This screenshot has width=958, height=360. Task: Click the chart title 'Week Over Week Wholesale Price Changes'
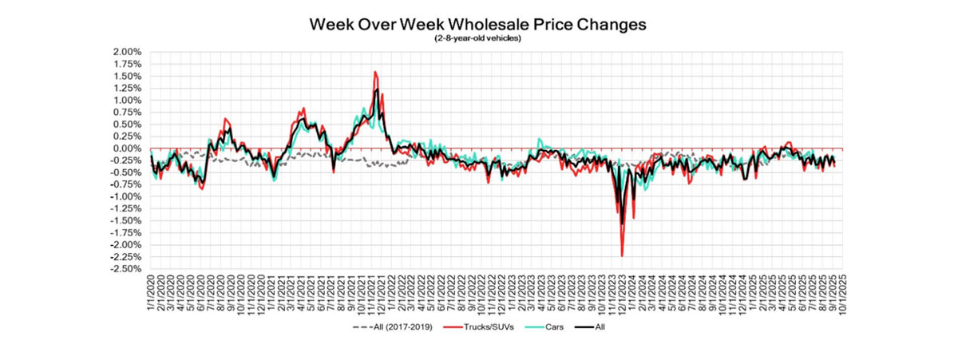pyautogui.click(x=477, y=25)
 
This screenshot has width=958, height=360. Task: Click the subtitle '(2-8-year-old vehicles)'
pyautogui.click(x=477, y=38)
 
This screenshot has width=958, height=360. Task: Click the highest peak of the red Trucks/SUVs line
pyautogui.click(x=375, y=72)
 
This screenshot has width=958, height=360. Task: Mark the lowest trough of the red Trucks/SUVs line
pyautogui.click(x=622, y=255)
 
